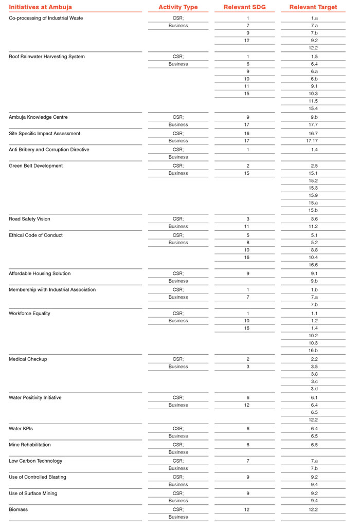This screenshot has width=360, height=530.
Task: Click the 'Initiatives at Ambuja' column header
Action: [x=40, y=7]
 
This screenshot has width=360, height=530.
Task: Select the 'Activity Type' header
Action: [x=178, y=7]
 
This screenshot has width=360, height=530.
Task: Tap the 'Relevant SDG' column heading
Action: [x=247, y=7]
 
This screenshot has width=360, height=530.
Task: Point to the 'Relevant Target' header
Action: [x=313, y=7]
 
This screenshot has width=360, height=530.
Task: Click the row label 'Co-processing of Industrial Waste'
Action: [x=46, y=19]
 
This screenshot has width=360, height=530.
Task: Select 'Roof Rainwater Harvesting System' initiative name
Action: [x=47, y=57]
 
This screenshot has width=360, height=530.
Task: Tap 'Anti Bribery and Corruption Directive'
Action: [x=49, y=150]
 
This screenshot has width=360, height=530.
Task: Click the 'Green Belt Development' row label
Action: [x=35, y=166]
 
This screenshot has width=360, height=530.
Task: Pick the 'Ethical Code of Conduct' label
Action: [x=36, y=235]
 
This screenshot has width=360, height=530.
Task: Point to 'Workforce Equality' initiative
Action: [x=29, y=314]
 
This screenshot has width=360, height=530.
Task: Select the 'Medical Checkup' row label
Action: [x=28, y=359]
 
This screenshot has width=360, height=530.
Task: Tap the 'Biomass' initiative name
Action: [x=19, y=509]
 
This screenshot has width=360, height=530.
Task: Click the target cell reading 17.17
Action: [x=314, y=141]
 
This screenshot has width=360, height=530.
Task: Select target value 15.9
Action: [x=314, y=196]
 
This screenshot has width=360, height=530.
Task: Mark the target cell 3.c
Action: [x=314, y=381]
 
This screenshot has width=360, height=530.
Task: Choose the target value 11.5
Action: [x=314, y=101]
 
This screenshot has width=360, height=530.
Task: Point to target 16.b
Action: [x=314, y=351]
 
